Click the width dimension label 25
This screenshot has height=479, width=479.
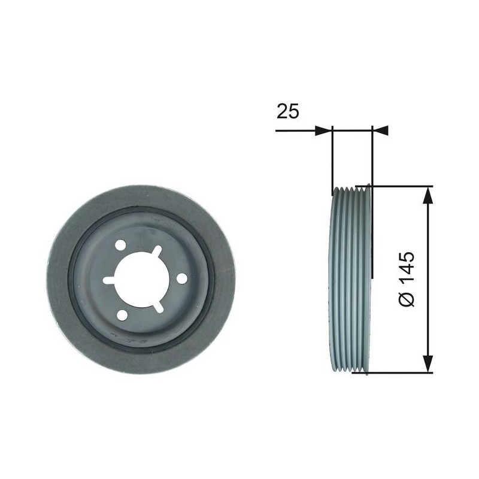[x=287, y=111]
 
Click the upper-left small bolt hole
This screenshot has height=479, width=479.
[x=121, y=245]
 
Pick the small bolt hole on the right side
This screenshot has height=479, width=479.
[x=182, y=278]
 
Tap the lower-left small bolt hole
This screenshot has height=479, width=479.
[x=123, y=315]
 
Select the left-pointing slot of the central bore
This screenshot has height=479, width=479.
[x=108, y=280]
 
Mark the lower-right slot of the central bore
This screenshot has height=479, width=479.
[x=158, y=307]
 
